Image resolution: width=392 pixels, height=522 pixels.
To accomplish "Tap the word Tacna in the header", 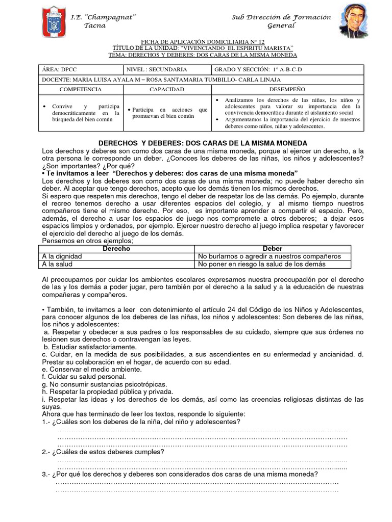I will (x=95, y=26).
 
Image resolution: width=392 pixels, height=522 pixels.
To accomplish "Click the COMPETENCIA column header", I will (x=81, y=89).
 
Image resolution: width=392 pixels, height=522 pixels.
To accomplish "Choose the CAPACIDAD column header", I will (x=166, y=89).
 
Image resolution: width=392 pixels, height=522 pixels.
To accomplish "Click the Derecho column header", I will (x=116, y=248).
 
